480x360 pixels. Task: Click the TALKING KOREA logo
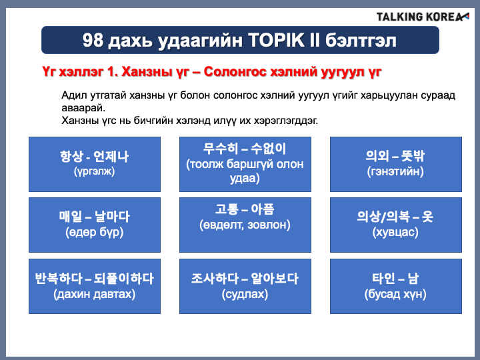click(x=423, y=17)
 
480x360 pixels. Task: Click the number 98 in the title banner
click(x=93, y=40)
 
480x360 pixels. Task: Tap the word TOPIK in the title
click(x=276, y=40)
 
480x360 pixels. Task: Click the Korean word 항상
click(x=71, y=157)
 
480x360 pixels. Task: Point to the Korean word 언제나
click(x=111, y=157)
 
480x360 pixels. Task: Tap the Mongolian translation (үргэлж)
click(x=94, y=171)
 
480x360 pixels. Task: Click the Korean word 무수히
click(x=221, y=149)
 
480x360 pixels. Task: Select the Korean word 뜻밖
click(x=413, y=156)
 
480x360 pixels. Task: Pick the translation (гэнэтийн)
click(x=395, y=171)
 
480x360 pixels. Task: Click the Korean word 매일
click(x=71, y=217)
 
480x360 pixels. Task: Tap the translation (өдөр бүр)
click(x=94, y=233)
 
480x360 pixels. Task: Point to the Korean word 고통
click(x=227, y=209)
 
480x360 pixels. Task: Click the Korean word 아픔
click(x=263, y=209)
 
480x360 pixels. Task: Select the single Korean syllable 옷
click(x=427, y=217)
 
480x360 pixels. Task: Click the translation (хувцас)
click(x=395, y=233)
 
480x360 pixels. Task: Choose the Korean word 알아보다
click(x=275, y=279)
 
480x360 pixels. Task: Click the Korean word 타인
click(x=383, y=279)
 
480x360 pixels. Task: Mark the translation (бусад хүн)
click(x=395, y=294)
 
